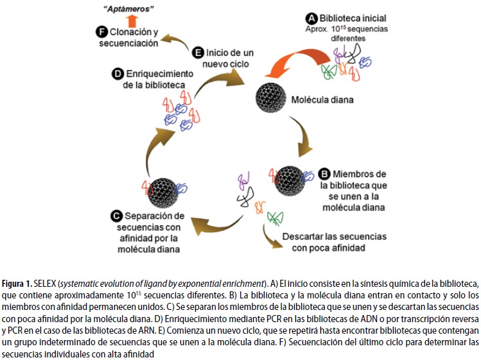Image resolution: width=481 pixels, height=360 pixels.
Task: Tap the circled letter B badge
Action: (324, 173)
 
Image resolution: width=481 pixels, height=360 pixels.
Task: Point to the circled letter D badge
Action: (118, 74)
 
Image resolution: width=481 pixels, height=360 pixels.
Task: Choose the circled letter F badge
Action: (101, 31)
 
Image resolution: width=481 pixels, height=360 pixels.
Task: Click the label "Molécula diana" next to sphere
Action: (322, 101)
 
